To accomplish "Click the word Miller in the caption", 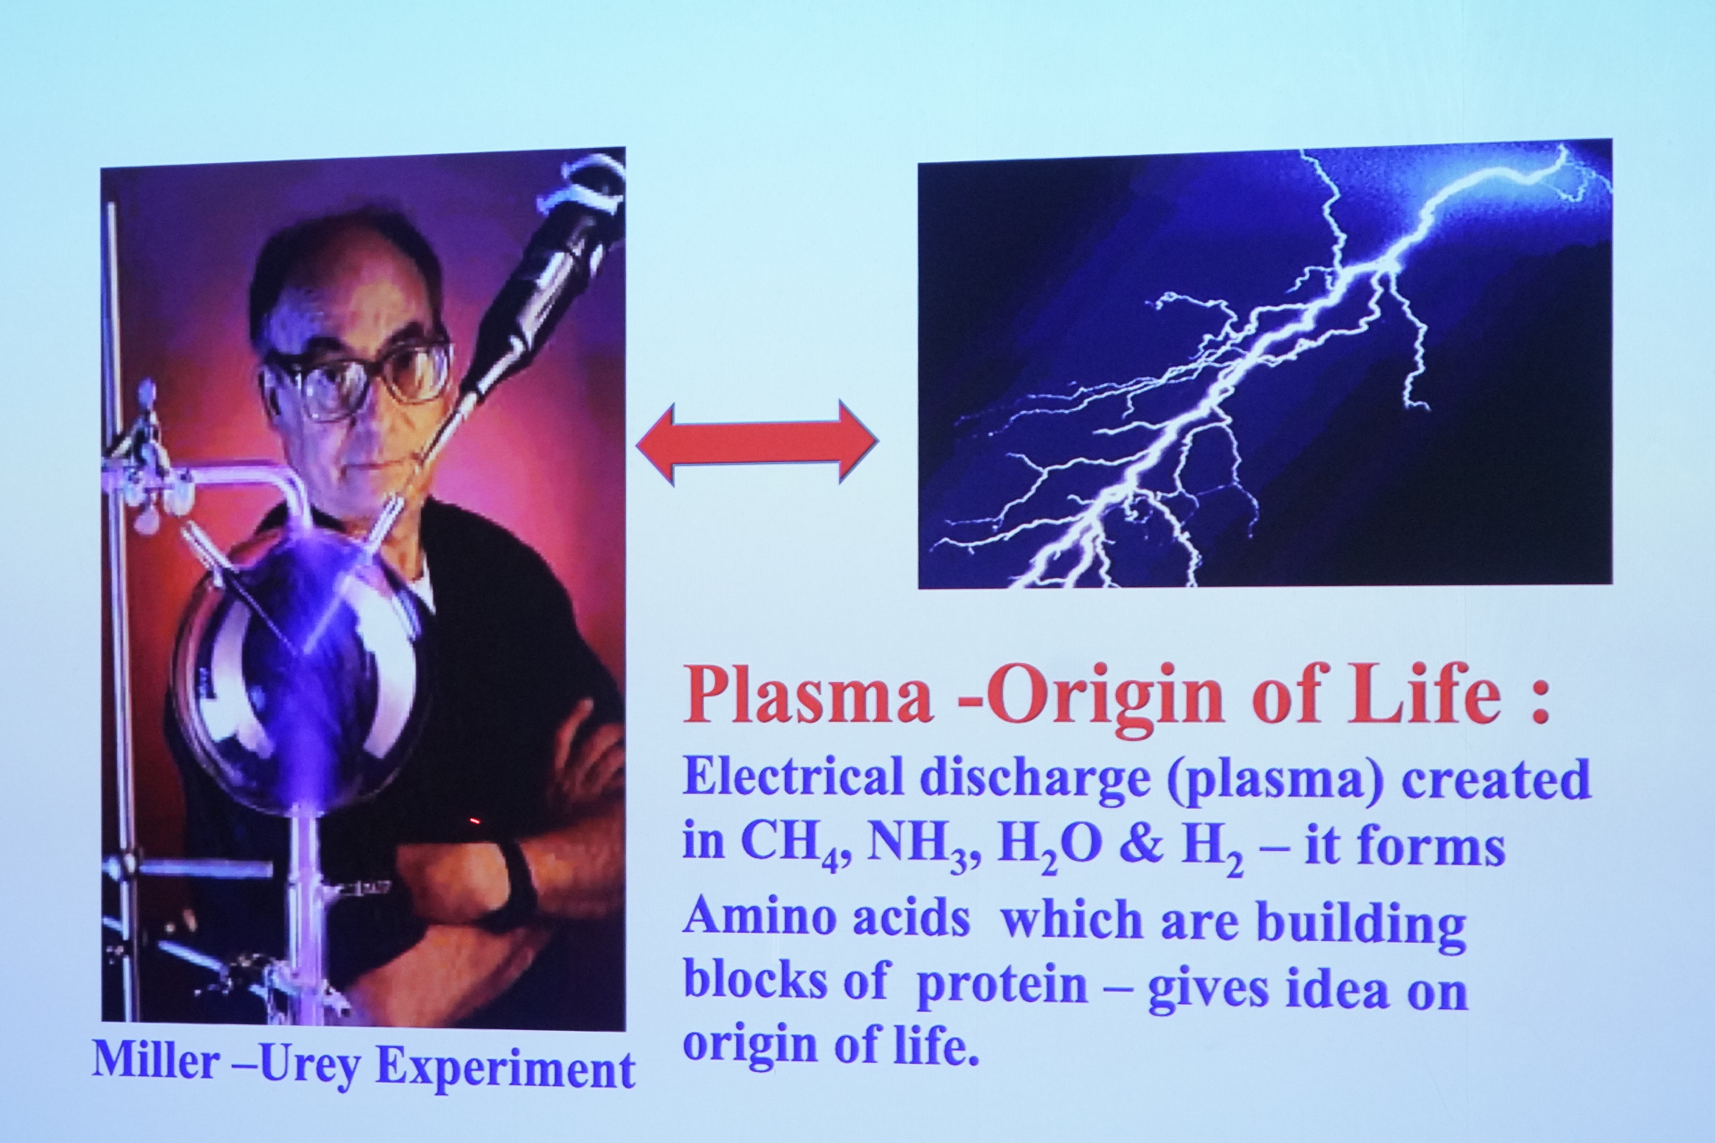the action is (x=156, y=1061).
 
